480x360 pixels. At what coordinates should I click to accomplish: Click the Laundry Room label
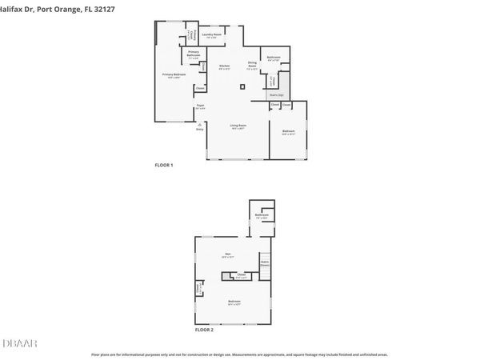click(212, 36)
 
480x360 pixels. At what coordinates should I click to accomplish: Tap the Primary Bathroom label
click(193, 57)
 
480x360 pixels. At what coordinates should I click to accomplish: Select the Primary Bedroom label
click(174, 75)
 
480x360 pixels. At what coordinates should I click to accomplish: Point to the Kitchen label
click(225, 67)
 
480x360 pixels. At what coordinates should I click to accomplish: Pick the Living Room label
click(238, 126)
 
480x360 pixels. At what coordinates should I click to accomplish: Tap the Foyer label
click(200, 107)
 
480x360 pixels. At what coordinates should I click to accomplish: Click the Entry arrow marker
click(199, 125)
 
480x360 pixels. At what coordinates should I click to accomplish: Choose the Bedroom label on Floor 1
click(289, 132)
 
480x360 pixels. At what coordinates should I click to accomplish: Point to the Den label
click(227, 255)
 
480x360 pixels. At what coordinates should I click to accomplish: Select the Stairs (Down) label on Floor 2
click(264, 263)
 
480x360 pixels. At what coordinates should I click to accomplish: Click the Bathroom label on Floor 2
click(262, 216)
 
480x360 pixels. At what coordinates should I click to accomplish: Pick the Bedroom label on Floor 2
click(234, 302)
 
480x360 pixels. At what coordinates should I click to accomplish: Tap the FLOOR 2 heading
click(204, 329)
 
